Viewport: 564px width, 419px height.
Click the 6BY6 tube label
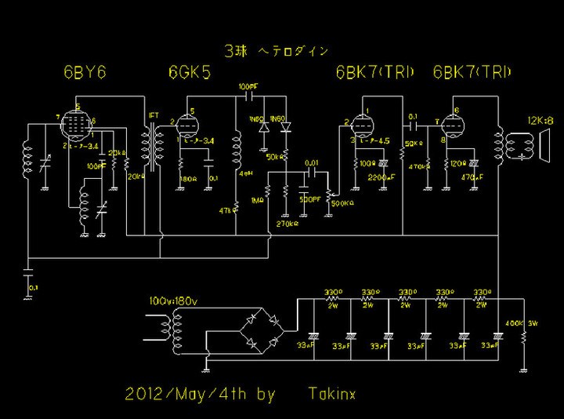[x=85, y=73]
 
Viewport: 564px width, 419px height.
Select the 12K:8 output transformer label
[x=540, y=120]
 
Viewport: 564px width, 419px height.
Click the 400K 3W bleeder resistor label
[x=514, y=322]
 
